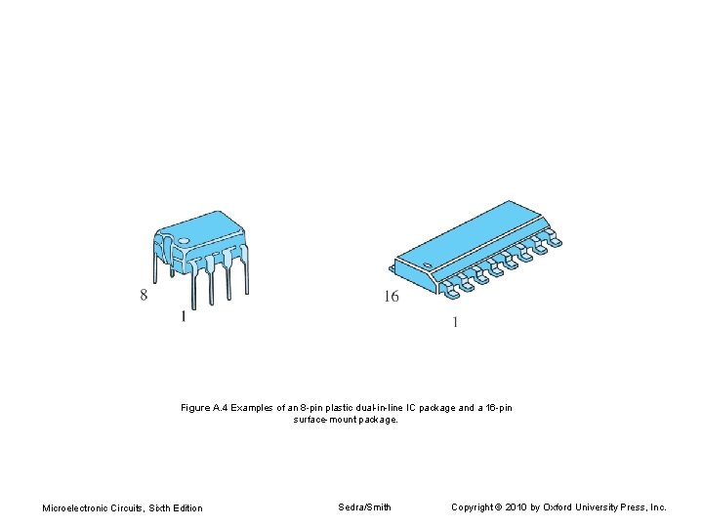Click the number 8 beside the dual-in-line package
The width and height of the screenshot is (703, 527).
[x=144, y=294]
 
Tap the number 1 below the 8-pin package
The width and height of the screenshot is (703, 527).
[x=183, y=316]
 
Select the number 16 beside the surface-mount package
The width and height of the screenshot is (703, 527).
[x=391, y=297]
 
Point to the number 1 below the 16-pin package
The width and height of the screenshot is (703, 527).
[x=454, y=323]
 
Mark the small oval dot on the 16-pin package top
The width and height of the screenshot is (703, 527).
[x=426, y=265]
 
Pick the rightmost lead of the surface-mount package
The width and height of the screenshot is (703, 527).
[x=556, y=241]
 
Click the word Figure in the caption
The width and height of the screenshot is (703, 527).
[x=195, y=408]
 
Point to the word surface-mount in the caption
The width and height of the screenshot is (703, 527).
[x=328, y=420]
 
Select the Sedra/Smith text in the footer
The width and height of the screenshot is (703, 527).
[x=364, y=507]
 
